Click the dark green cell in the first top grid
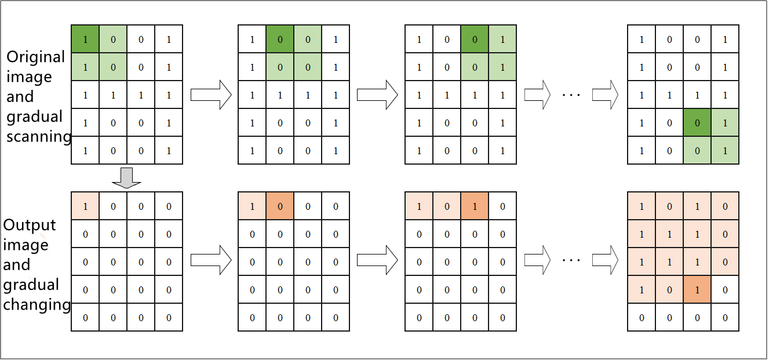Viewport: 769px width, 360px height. click(85, 39)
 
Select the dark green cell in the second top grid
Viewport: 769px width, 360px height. click(280, 39)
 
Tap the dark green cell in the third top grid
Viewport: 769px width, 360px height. click(475, 39)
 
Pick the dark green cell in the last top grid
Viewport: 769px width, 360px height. click(697, 122)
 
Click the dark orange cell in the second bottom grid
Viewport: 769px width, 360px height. click(280, 206)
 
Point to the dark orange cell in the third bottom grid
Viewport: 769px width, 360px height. click(475, 206)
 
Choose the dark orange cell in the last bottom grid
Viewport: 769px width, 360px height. click(697, 289)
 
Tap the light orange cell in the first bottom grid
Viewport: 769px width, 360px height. click(85, 206)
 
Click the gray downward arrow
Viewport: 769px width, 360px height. click(127, 178)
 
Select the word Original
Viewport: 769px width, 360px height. click(36, 57)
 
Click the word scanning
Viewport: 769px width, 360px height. click(39, 136)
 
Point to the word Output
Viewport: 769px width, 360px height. click(30, 225)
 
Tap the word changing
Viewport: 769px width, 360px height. click(37, 305)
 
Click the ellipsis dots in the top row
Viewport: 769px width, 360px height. click(571, 95)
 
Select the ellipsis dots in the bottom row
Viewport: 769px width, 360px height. click(571, 260)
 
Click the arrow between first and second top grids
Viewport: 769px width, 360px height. click(211, 95)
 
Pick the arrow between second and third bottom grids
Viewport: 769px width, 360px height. click(378, 260)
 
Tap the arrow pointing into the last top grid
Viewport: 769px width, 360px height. click(605, 95)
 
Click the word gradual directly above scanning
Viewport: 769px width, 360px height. click(34, 117)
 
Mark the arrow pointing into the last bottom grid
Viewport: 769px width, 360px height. click(605, 260)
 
